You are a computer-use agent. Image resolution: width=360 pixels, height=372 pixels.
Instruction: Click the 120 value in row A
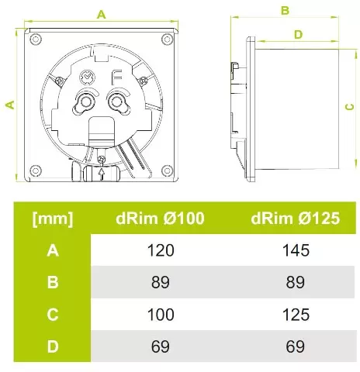pyautogui.click(x=160, y=250)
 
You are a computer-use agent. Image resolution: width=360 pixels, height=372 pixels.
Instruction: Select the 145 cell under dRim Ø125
pyautogui.click(x=296, y=250)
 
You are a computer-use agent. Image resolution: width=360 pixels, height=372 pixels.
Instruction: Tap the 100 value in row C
pyautogui.click(x=160, y=314)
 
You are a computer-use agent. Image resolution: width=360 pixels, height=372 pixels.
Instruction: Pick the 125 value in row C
pyautogui.click(x=296, y=314)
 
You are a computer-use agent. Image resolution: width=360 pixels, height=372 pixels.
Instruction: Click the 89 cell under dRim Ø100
pyautogui.click(x=160, y=282)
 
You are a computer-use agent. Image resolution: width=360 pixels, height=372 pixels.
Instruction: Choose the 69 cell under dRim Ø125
pyautogui.click(x=296, y=346)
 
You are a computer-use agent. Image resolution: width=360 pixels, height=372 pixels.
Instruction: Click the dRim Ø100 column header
pyautogui.click(x=160, y=219)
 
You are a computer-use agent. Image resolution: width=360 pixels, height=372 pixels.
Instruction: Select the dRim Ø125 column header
pyautogui.click(x=296, y=219)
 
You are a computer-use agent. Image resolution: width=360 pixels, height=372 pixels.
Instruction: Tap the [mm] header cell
pyautogui.click(x=53, y=219)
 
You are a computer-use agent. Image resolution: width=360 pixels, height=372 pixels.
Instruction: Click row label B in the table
pyautogui.click(x=53, y=282)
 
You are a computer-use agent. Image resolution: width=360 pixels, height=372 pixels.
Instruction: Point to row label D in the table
pyautogui.click(x=53, y=346)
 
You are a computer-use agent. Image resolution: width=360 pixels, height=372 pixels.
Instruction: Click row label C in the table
pyautogui.click(x=53, y=314)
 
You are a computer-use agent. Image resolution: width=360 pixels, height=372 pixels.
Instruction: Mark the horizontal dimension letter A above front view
pyautogui.click(x=101, y=13)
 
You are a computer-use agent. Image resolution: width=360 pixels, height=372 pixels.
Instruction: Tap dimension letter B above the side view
pyautogui.click(x=285, y=10)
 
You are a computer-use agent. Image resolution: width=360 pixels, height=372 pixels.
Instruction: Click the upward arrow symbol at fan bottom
pyautogui.click(x=102, y=174)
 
